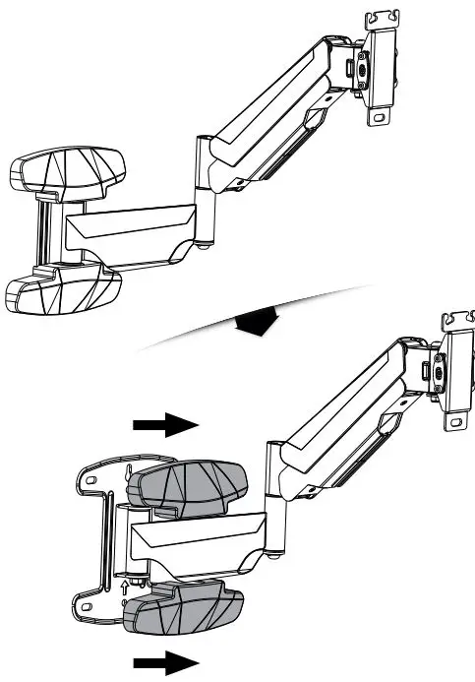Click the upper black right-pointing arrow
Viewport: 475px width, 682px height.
click(x=164, y=424)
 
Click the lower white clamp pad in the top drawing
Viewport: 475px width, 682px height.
click(x=61, y=289)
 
